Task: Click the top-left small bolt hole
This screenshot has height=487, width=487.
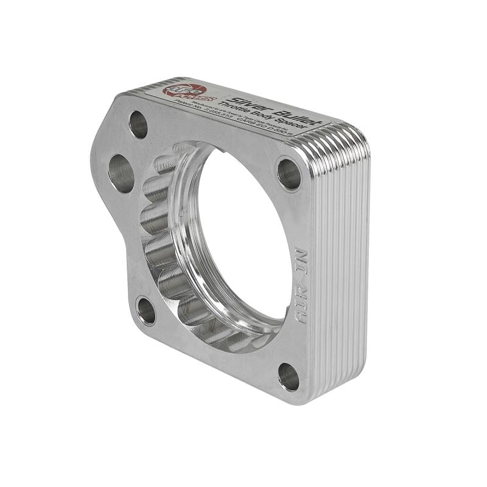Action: click(x=139, y=124)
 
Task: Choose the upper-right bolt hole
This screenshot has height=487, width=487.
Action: click(x=289, y=173)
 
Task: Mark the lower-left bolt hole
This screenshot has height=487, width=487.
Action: click(x=145, y=310)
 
